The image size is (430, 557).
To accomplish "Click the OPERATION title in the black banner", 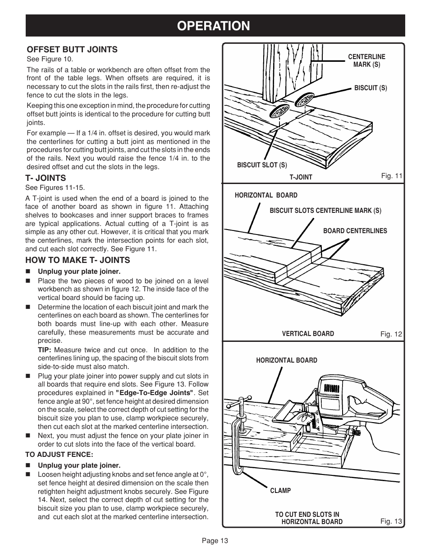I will (215, 26).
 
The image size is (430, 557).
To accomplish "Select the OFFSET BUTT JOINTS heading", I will (72, 49).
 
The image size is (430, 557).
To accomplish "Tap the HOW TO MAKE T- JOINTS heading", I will (78, 260).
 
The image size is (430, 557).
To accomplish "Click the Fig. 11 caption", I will (391, 176).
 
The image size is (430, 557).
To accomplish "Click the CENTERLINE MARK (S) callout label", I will (366, 61).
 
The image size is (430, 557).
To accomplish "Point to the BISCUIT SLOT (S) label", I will (262, 166).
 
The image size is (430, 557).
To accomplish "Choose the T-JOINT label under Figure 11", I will (301, 177).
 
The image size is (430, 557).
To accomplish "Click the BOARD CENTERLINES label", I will (355, 231).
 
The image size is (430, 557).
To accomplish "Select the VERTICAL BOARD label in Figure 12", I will (308, 334).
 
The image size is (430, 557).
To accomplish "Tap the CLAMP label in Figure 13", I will (280, 490).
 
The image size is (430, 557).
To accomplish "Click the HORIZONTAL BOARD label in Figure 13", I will (286, 360).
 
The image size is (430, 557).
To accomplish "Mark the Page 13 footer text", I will (215, 541).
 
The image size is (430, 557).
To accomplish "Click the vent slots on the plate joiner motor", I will (332, 388).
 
